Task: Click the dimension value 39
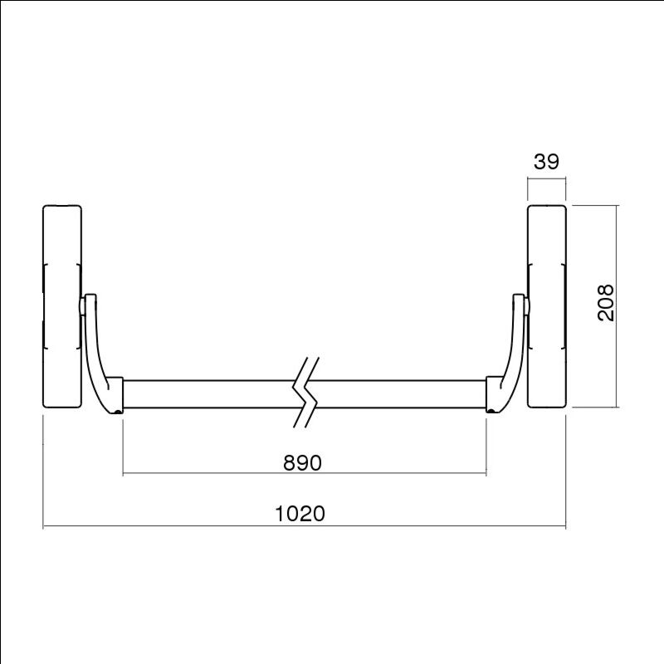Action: pyautogui.click(x=545, y=162)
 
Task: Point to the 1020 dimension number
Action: pyautogui.click(x=300, y=514)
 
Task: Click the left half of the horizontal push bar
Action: pyautogui.click(x=207, y=394)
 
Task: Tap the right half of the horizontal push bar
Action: pyautogui.click(x=398, y=394)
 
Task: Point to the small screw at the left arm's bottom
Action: pyautogui.click(x=120, y=411)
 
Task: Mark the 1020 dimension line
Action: pyautogui.click(x=166, y=526)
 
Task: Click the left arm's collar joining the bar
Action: pyautogui.click(x=115, y=393)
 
